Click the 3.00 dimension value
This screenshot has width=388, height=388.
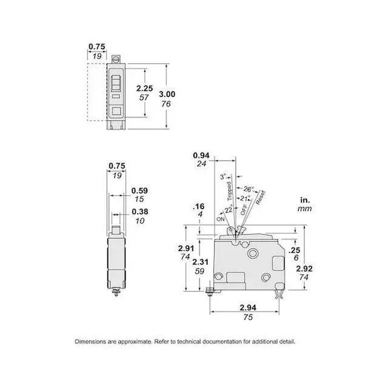(167, 95)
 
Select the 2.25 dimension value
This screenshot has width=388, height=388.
(145, 89)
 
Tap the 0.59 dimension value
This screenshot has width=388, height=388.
(139, 191)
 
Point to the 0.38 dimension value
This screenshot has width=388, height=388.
(140, 212)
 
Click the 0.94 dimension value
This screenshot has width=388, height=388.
(201, 155)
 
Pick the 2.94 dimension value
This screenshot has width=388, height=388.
(248, 307)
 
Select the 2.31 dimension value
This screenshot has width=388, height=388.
(201, 262)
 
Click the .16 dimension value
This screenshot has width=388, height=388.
(199, 206)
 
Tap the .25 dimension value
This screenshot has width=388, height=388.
(294, 250)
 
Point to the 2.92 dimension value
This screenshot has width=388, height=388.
(304, 269)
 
